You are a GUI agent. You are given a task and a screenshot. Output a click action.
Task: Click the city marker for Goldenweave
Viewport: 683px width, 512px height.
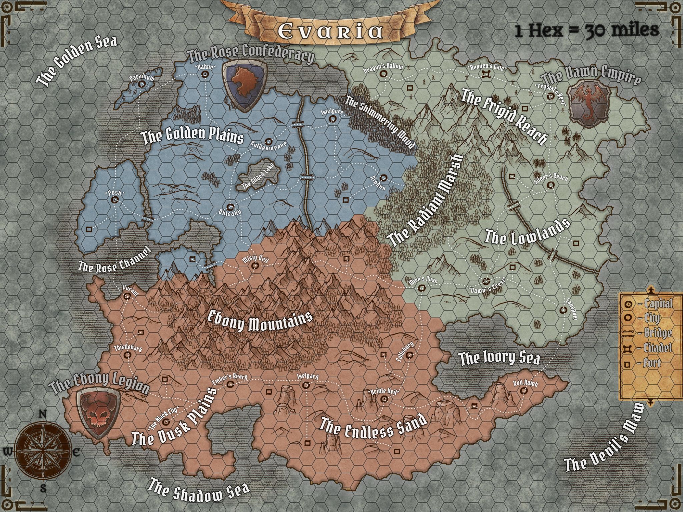point(268,141)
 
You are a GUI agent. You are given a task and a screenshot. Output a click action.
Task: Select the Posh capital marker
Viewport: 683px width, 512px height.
point(115,200)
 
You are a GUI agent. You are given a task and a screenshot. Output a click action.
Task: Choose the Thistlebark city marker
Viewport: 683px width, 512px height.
point(128,355)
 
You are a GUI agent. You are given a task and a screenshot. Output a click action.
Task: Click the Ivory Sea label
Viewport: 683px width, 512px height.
point(499,359)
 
